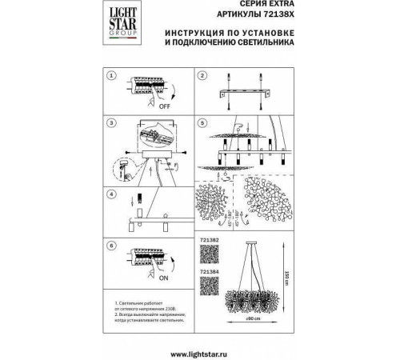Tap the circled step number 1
coord(113,76)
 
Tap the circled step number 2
coord(203,76)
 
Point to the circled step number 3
coord(113,124)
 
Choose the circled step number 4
coord(113,194)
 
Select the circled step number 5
coord(203,124)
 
